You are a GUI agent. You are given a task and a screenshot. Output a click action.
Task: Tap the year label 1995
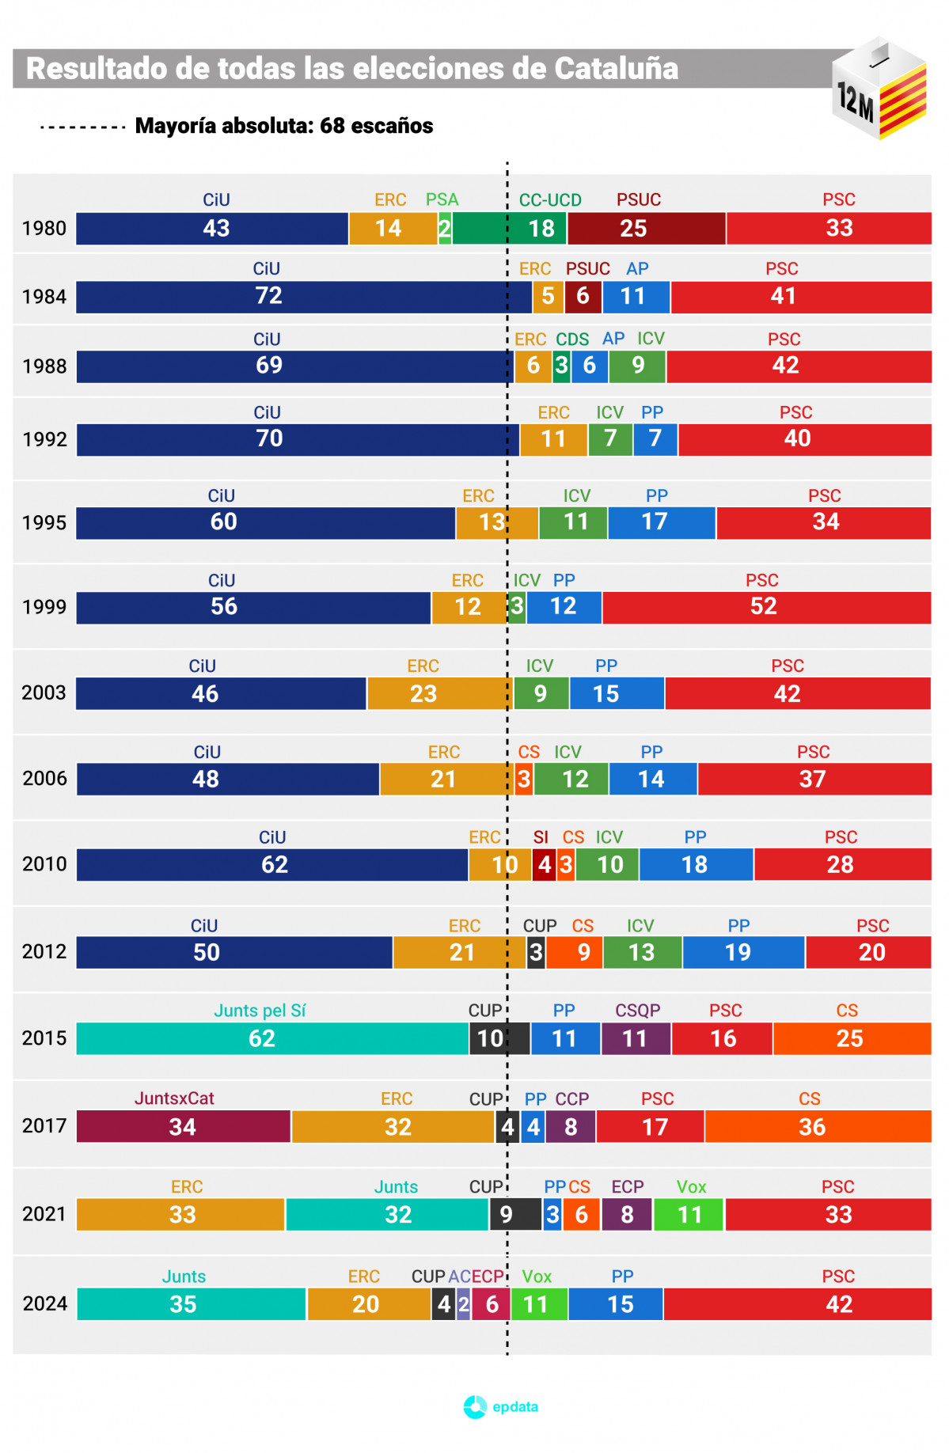(x=44, y=523)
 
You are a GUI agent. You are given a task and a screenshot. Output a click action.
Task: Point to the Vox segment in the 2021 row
(x=689, y=1215)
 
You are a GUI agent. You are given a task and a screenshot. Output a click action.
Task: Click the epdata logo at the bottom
(x=501, y=1406)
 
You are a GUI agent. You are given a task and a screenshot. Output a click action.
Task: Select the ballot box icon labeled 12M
(x=879, y=89)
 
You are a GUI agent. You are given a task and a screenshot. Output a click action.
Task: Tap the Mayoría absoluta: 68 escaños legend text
(x=283, y=126)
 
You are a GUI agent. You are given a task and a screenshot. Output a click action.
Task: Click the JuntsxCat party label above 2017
(x=174, y=1098)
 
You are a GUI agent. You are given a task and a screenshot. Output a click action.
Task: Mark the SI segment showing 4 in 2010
(x=544, y=865)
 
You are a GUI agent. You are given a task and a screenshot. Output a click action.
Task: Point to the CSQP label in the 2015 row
(x=637, y=1011)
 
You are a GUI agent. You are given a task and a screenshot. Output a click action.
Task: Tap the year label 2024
(x=44, y=1303)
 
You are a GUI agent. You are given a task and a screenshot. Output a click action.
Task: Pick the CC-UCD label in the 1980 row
(x=550, y=200)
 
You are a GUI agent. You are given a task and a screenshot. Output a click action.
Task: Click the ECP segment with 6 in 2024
(x=491, y=1304)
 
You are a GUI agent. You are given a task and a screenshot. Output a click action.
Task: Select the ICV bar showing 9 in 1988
(x=637, y=366)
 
